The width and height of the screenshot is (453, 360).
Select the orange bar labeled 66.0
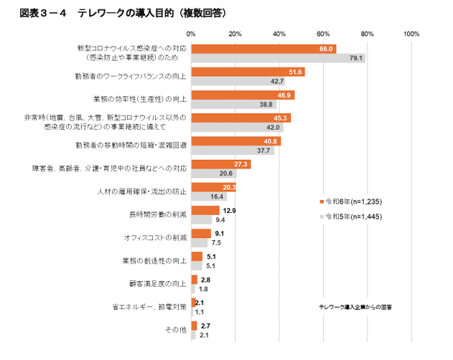[x=263, y=49]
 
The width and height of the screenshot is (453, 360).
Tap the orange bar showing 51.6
[x=247, y=72]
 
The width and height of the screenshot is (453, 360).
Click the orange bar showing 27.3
[x=220, y=165]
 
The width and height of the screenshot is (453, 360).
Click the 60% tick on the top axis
[x=323, y=34]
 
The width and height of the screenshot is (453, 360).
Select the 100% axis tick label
[x=411, y=34]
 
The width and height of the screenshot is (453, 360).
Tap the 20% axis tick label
[x=235, y=34]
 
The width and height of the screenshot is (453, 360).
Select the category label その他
[x=176, y=330]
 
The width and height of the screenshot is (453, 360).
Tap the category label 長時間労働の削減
[x=160, y=214]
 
